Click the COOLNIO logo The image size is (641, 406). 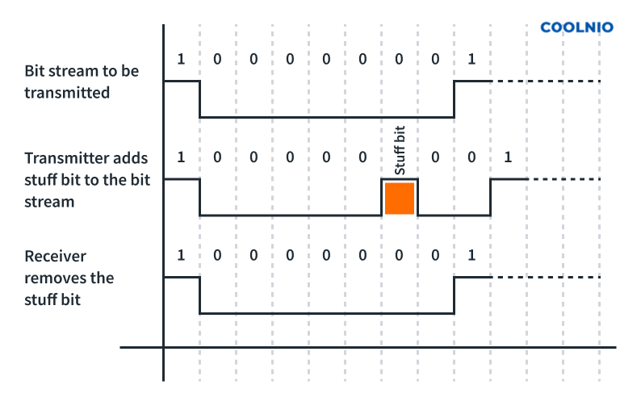coord(576,27)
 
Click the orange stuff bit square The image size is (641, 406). coord(400,198)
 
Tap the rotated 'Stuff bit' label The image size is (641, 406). coord(399,151)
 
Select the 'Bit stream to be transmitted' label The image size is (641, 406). coord(81,82)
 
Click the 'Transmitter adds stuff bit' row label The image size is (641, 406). coord(87,179)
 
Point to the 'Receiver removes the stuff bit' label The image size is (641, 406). coord(69,278)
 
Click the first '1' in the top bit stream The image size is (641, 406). coord(181,59)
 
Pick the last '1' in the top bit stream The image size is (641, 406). coord(471,59)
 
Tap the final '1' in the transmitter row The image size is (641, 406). coord(508,157)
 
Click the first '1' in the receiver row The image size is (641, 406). coord(181,256)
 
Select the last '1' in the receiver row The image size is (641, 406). coord(471,256)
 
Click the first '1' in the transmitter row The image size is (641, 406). coord(181,157)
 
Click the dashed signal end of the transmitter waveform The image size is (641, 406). coord(565,178)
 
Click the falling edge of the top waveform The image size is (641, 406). coord(199,98)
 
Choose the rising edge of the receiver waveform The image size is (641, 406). coord(454,295)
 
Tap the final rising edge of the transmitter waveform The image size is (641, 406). coord(490,197)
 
